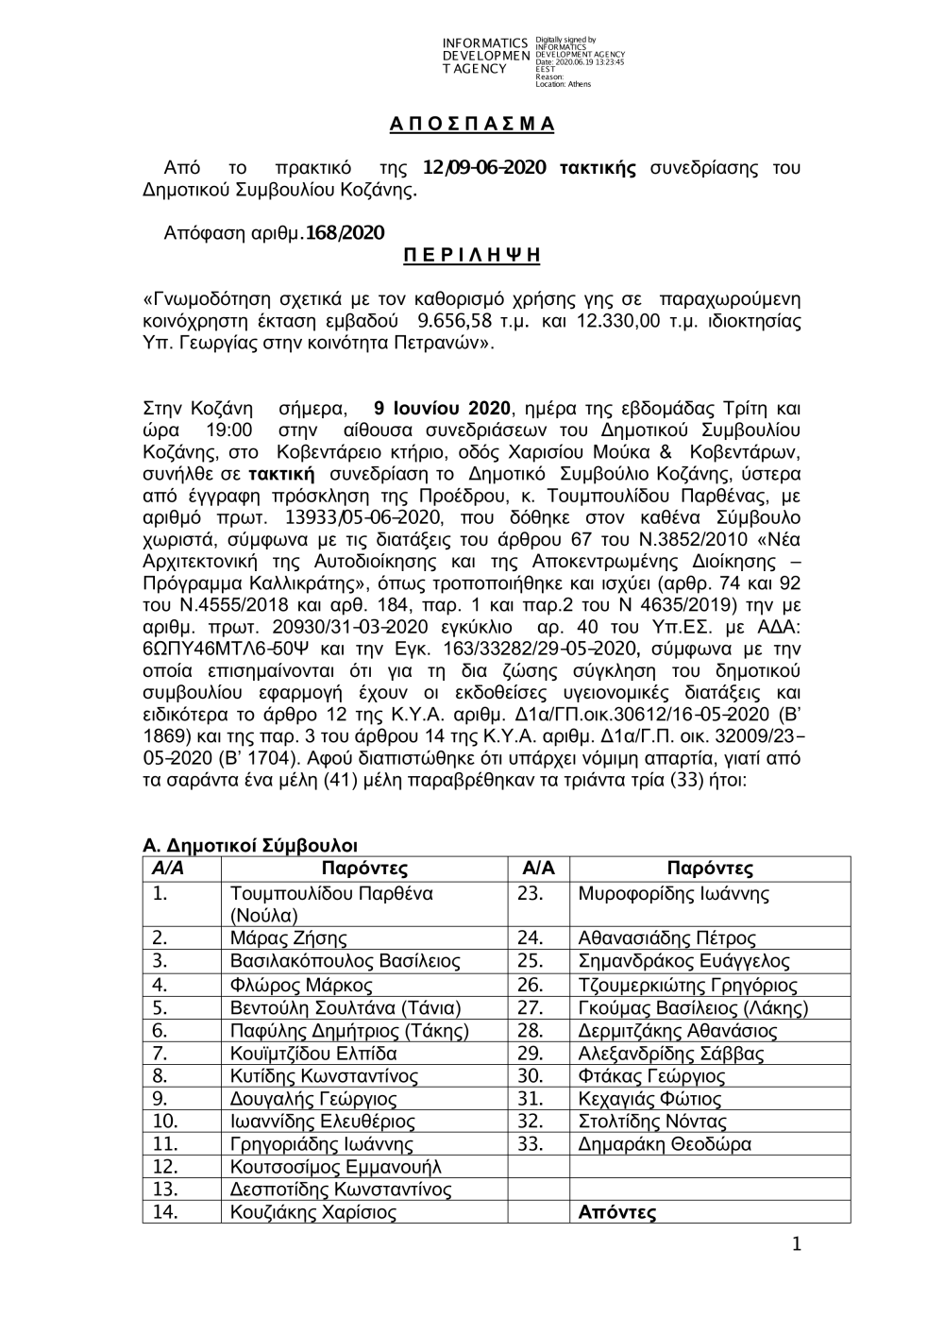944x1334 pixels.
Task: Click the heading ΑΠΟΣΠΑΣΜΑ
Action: pos(472,125)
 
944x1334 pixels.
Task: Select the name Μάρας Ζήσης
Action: pos(289,938)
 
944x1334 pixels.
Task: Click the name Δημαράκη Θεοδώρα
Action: pos(665,1144)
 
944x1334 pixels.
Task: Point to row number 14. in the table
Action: pos(165,1212)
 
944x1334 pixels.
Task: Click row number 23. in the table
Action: pos(531,893)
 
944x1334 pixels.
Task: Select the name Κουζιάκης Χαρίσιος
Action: pos(313,1212)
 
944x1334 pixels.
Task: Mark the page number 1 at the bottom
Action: pos(795,1245)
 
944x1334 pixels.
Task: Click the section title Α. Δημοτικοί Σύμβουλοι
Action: pos(250,845)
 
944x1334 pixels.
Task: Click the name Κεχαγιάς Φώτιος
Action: pos(649,1099)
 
